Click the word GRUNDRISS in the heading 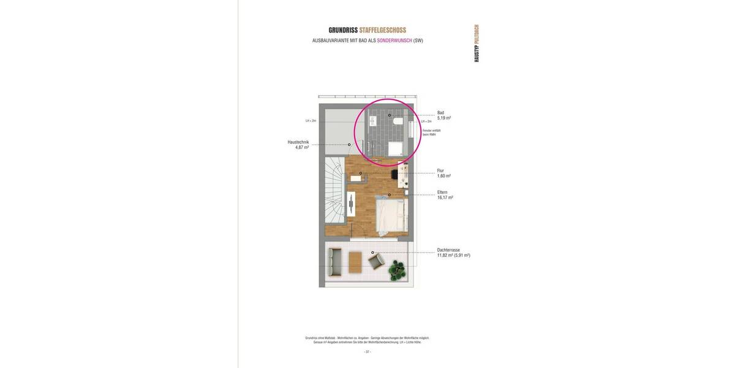343,30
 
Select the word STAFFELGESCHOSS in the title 383,30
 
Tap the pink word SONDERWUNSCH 394,40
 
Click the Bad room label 440,113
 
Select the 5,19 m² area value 444,118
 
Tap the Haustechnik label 298,142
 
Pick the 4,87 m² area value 302,147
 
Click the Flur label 440,171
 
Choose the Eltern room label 442,192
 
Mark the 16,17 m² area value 445,197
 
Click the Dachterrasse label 448,250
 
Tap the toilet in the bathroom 399,122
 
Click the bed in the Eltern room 391,217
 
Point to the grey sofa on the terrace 334,262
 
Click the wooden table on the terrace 356,263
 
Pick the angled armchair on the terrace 375,262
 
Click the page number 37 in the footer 367,351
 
